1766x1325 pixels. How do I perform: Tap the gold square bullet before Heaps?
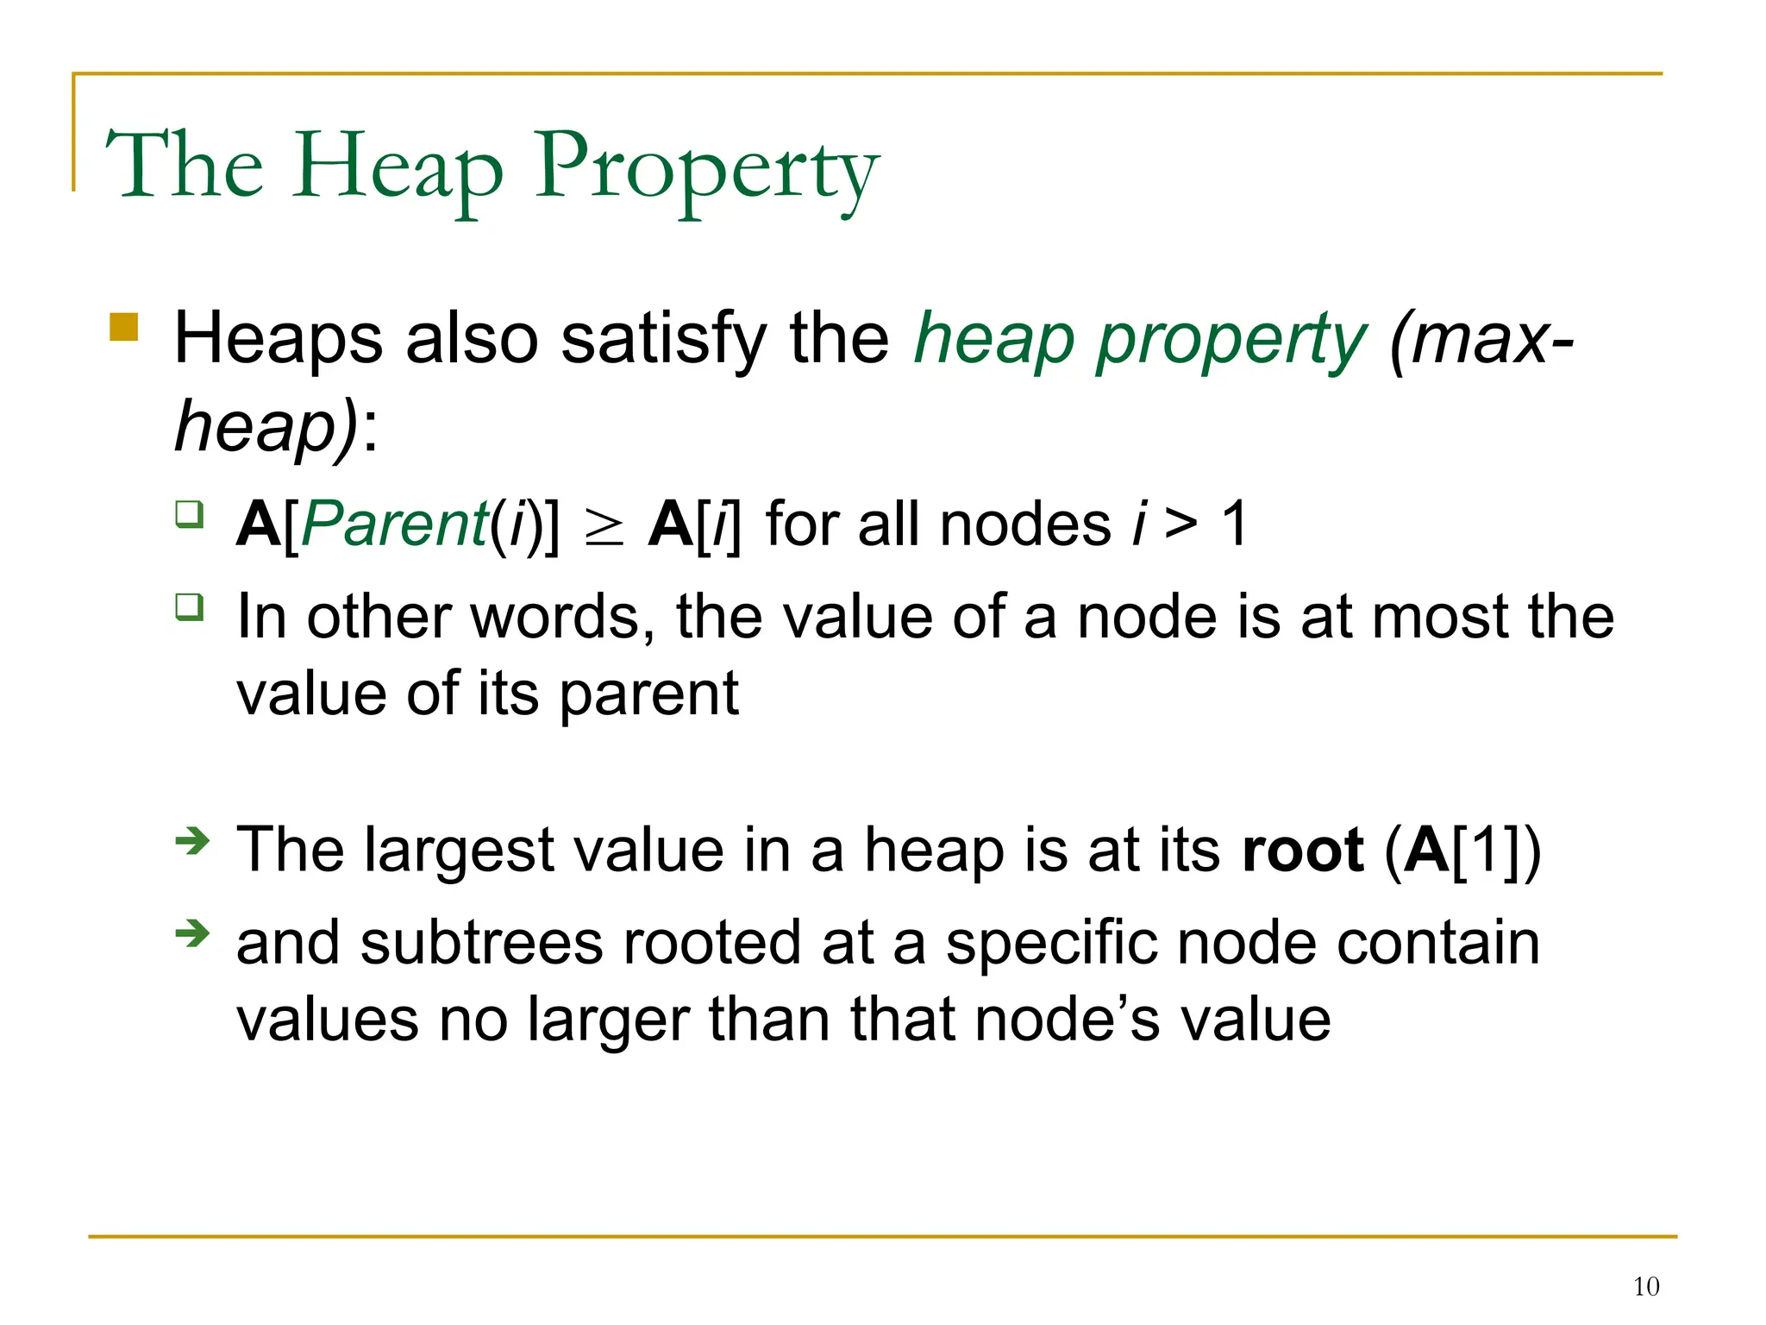124,328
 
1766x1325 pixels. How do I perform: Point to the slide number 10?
1645,1287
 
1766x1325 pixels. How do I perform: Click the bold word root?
1303,851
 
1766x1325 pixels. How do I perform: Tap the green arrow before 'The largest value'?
192,840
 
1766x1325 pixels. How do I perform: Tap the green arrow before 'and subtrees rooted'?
192,933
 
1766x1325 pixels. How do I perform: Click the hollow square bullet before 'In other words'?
190,606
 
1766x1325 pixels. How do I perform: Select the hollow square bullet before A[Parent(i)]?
190,514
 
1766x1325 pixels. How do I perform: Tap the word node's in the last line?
1068,1020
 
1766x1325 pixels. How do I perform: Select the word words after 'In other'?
561,618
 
